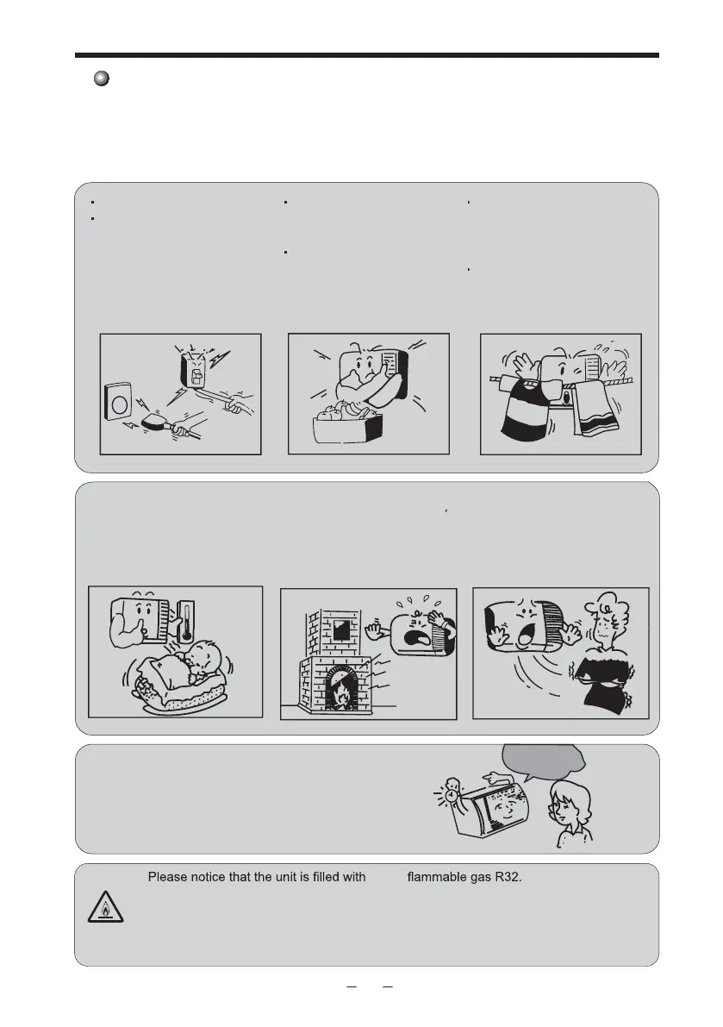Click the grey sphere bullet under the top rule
pos(102,78)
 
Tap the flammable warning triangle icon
pos(105,906)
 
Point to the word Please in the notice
pos(167,877)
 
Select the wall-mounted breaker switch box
pos(194,369)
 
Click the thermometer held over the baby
pos(187,620)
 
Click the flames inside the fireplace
pos(340,694)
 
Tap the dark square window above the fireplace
pos(341,631)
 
